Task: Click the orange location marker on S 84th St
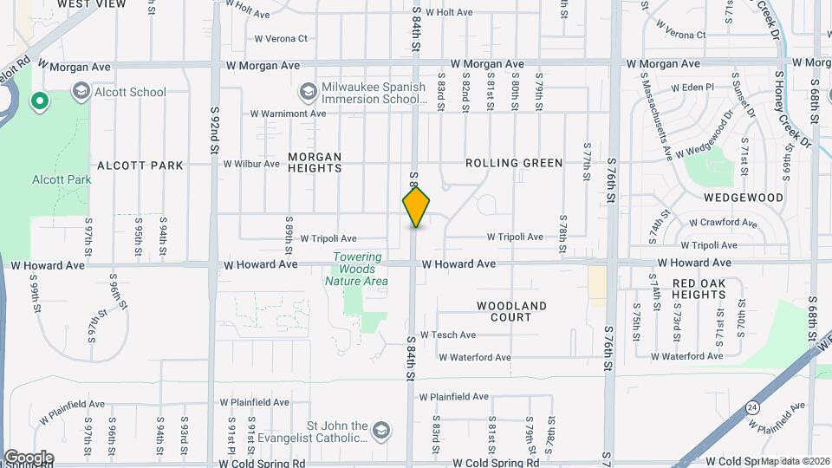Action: (416, 206)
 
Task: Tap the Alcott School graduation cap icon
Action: (81, 91)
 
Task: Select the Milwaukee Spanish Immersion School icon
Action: (308, 91)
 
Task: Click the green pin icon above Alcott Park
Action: (39, 102)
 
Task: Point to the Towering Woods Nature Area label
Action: (356, 269)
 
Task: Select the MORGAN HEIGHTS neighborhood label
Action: (315, 163)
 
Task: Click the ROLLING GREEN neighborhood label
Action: (514, 163)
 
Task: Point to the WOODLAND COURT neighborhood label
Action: (512, 311)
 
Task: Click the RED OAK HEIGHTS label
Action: (699, 289)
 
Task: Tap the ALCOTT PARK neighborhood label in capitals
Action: (140, 166)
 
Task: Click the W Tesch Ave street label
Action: (448, 335)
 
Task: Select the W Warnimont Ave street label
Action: (289, 114)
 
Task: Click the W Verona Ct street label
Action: (281, 38)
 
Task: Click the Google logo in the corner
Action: (29, 457)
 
